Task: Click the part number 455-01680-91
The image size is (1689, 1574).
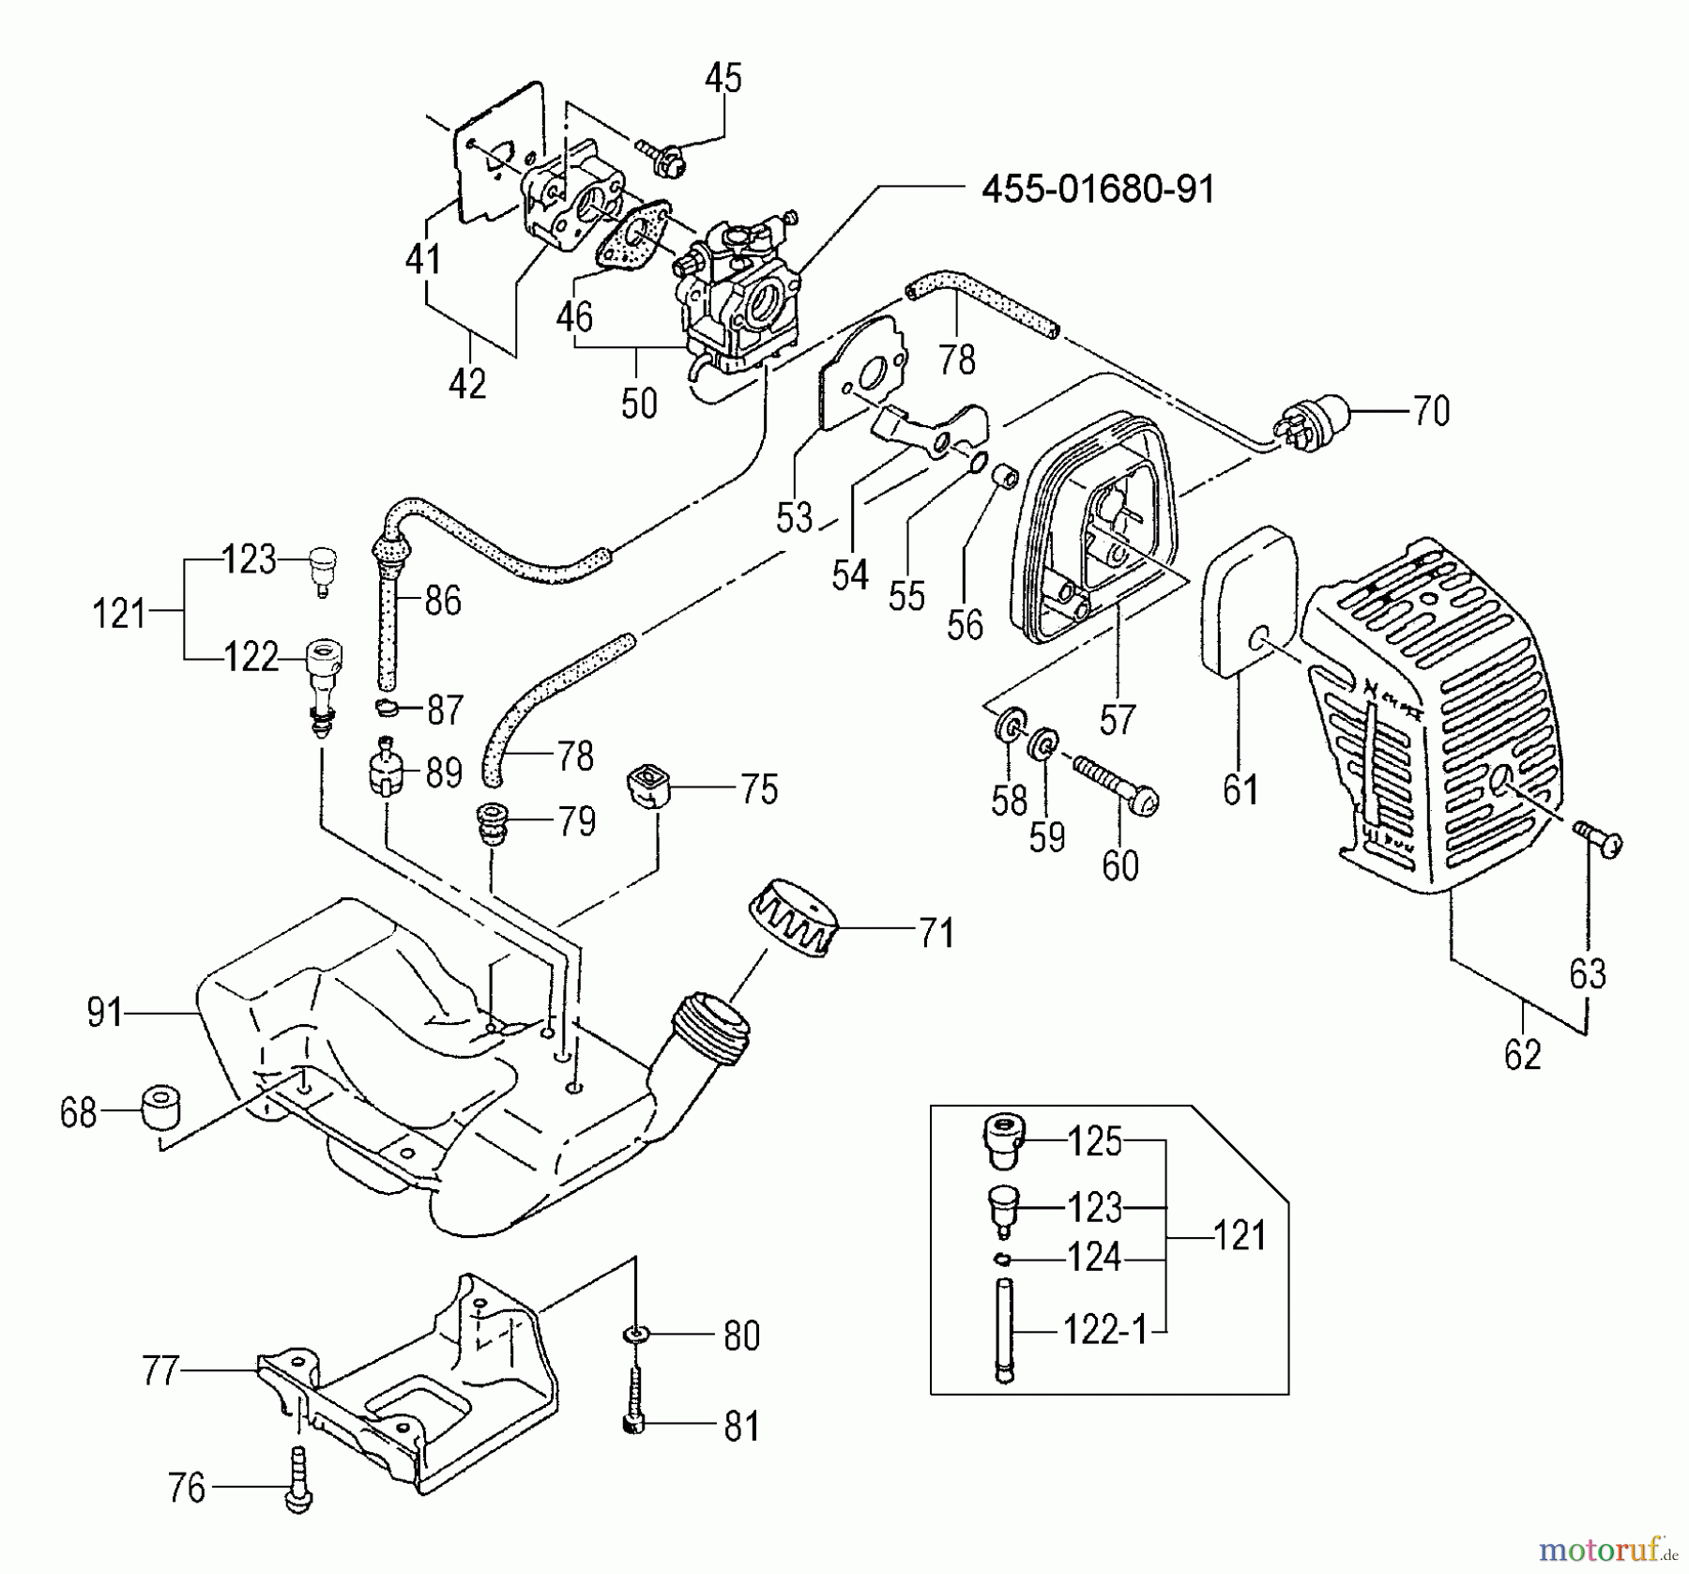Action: coord(1098,191)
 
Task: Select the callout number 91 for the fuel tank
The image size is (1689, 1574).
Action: coord(105,1013)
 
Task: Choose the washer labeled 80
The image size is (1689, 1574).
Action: coord(636,1334)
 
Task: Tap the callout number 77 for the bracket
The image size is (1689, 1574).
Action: coord(160,1370)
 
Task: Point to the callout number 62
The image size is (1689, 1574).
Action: coord(1522,1056)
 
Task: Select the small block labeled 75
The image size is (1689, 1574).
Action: coord(647,785)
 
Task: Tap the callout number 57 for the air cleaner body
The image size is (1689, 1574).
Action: coord(1117,720)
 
